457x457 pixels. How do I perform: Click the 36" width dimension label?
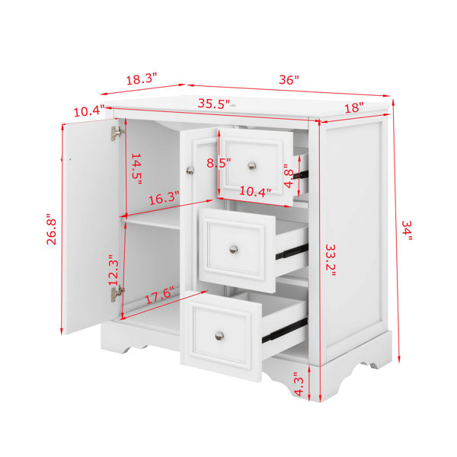tap(289, 79)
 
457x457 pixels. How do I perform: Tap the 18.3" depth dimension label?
tap(142, 79)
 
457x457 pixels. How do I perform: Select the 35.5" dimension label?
tap(214, 104)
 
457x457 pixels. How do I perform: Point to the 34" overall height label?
tap(407, 230)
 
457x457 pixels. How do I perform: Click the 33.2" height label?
tap(331, 260)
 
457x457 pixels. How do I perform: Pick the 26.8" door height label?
tap(51, 229)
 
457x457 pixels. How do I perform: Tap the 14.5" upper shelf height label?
tap(136, 169)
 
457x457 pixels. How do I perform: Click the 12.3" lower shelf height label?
tap(113, 270)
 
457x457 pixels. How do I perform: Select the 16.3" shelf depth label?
tap(164, 198)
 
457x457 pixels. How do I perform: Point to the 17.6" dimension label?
tap(159, 296)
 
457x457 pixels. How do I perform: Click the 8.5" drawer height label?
tap(219, 163)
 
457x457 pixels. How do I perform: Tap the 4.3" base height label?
tap(299, 384)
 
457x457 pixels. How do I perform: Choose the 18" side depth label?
tap(354, 107)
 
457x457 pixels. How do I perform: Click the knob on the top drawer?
tap(252, 166)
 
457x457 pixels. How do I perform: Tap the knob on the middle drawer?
tap(233, 249)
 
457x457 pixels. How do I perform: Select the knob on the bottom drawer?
tap(219, 336)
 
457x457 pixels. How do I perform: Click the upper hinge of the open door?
tap(117, 133)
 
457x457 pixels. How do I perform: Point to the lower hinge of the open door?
tap(117, 293)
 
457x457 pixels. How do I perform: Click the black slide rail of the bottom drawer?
tap(285, 330)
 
